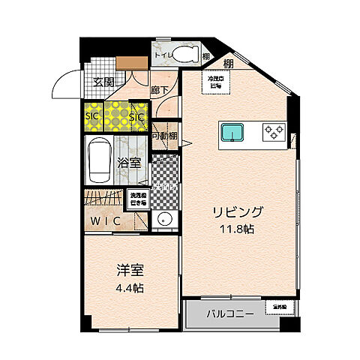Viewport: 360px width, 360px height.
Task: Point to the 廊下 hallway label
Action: (159, 88)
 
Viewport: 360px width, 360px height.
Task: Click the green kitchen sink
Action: (233, 133)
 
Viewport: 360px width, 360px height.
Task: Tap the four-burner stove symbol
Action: (274, 133)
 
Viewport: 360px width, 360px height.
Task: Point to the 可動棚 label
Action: (164, 136)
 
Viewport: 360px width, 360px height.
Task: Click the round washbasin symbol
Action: (165, 220)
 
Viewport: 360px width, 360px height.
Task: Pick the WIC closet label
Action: (105, 220)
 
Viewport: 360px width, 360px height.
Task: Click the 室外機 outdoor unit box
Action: (279, 307)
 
